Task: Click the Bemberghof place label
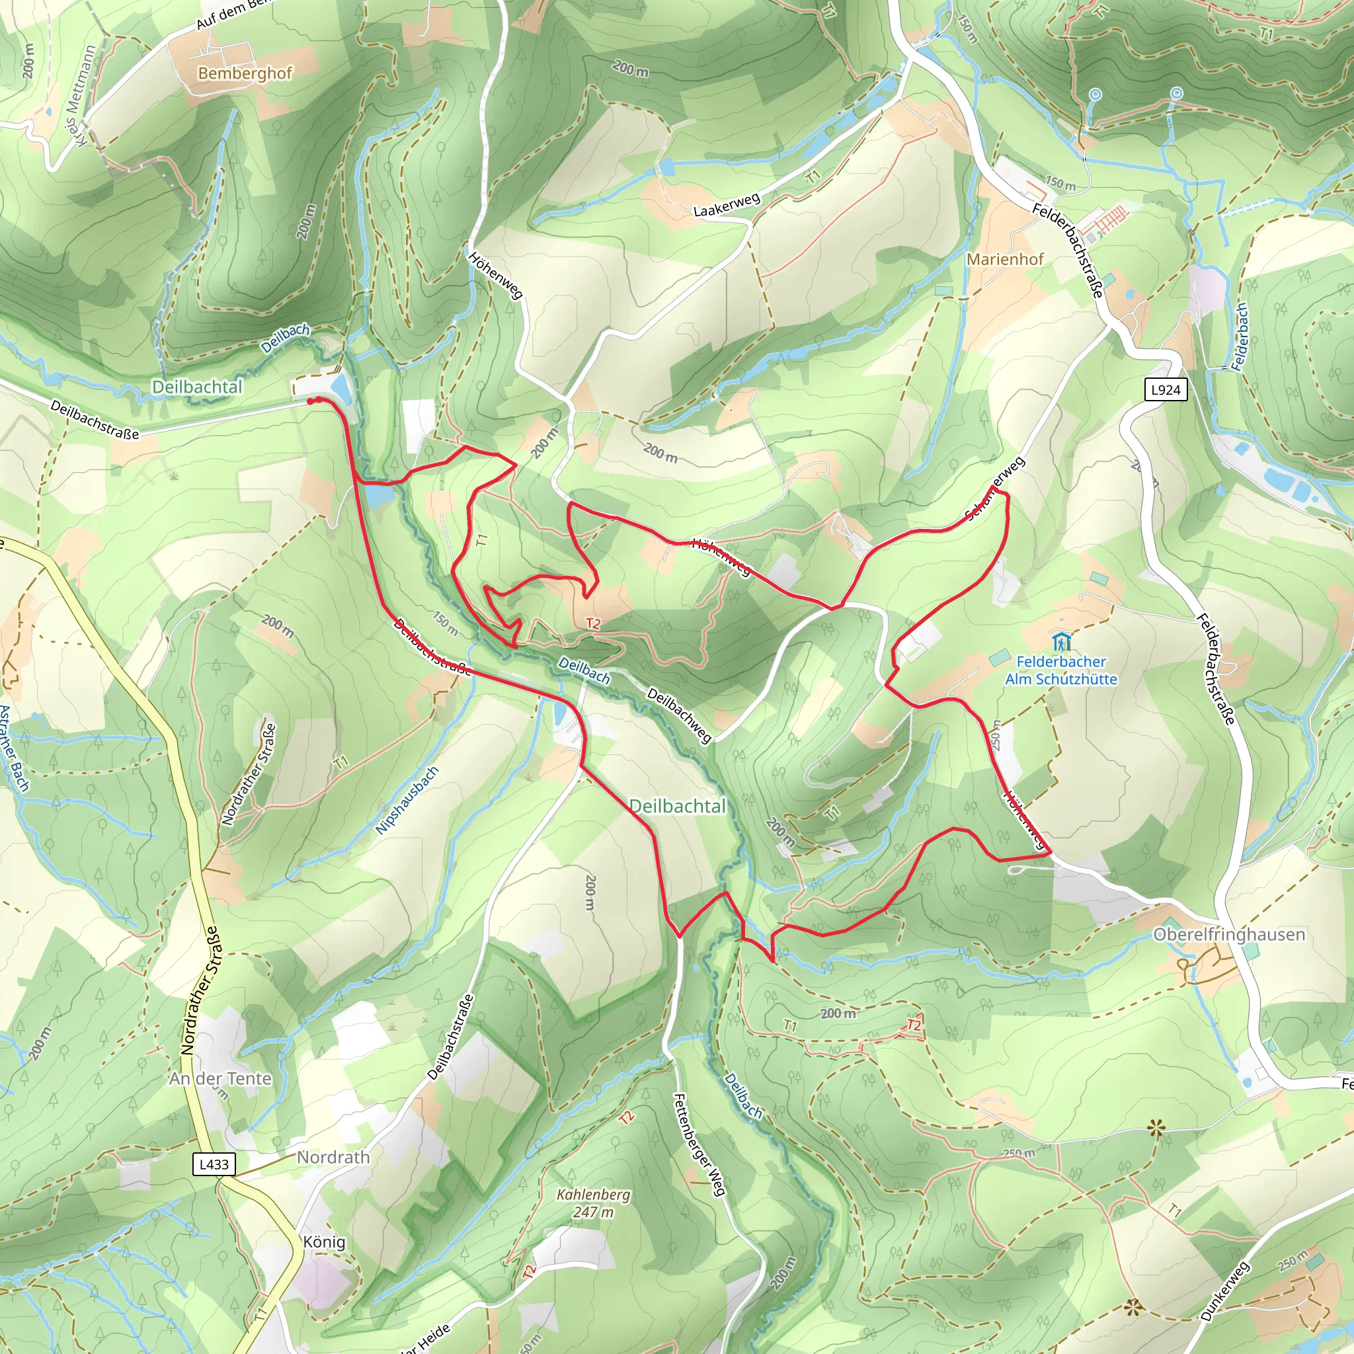click(x=245, y=73)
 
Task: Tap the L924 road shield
click(x=1166, y=389)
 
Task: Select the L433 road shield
click(x=214, y=1164)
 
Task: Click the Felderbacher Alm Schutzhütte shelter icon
click(x=1061, y=641)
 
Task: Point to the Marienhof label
click(x=1004, y=259)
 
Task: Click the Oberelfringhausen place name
click(x=1228, y=934)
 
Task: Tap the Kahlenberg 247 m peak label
click(x=593, y=1203)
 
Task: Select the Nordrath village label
click(x=333, y=1157)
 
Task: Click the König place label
click(x=324, y=1241)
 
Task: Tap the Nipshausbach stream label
click(x=407, y=801)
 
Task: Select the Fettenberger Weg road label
click(x=698, y=1144)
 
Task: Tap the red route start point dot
click(x=311, y=401)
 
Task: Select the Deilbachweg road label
click(x=678, y=715)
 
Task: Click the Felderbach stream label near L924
click(x=1240, y=337)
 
